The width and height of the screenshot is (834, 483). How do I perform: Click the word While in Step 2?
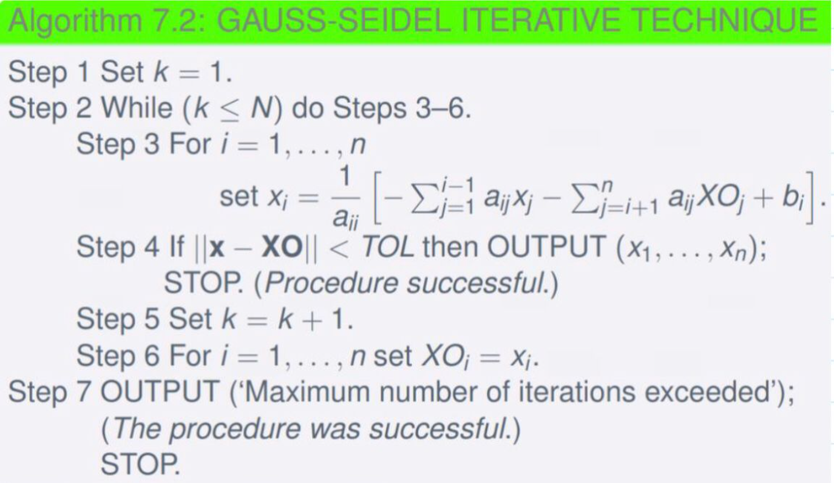tap(137, 108)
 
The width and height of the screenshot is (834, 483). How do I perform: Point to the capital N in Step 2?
tap(261, 109)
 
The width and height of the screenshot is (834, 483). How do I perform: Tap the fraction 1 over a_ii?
tap(346, 197)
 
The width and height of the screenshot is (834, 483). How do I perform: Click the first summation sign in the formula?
tap(424, 197)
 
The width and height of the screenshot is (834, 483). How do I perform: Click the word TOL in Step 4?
tap(387, 247)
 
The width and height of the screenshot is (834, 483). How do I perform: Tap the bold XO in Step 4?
tap(282, 247)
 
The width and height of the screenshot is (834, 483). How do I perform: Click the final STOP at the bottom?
tap(140, 465)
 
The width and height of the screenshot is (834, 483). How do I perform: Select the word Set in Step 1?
tap(122, 72)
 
